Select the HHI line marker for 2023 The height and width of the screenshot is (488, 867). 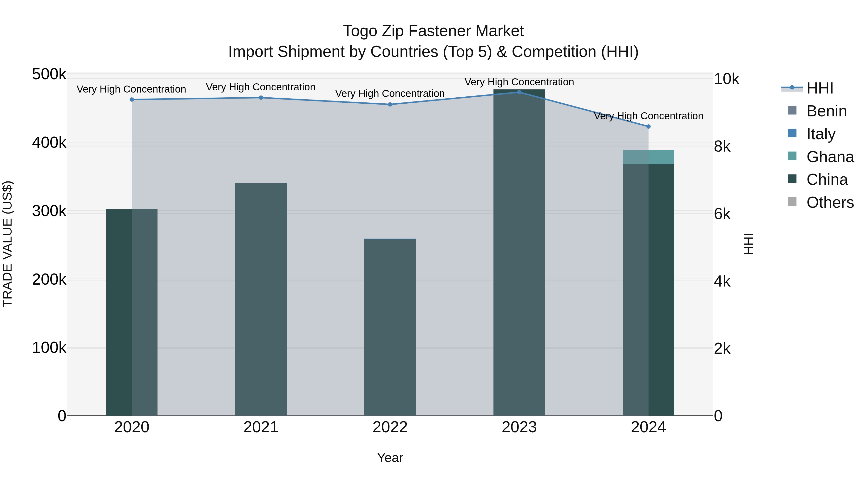[x=519, y=92]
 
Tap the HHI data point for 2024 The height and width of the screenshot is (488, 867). [x=648, y=127]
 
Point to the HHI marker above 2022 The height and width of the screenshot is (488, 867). [x=390, y=104]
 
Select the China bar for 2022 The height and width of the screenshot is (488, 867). [x=390, y=327]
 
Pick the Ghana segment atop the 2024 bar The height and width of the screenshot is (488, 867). [x=648, y=157]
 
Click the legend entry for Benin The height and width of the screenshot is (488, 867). [x=826, y=111]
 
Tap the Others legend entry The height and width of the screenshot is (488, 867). [x=830, y=203]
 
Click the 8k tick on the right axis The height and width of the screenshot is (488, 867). [x=722, y=147]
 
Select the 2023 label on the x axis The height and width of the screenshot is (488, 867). [x=519, y=427]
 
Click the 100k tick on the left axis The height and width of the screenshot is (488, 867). [x=49, y=348]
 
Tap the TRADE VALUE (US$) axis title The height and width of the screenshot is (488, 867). [x=7, y=244]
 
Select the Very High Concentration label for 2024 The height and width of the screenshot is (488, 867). [x=648, y=116]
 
